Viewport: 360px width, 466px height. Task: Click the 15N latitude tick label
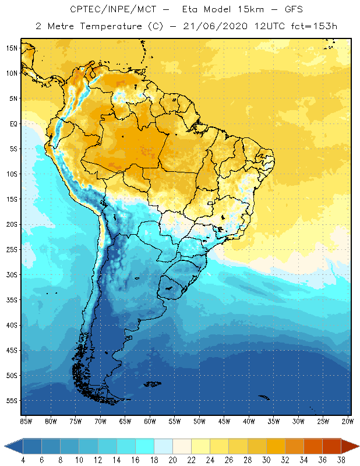[11, 48]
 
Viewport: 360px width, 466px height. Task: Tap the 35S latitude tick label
[11, 299]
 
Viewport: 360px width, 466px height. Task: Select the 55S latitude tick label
[11, 400]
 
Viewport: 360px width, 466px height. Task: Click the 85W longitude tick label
[26, 421]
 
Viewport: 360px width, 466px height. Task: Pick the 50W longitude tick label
[200, 421]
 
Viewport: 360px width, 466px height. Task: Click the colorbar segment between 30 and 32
[276, 446]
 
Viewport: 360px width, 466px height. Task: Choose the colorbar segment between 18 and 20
[163, 446]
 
